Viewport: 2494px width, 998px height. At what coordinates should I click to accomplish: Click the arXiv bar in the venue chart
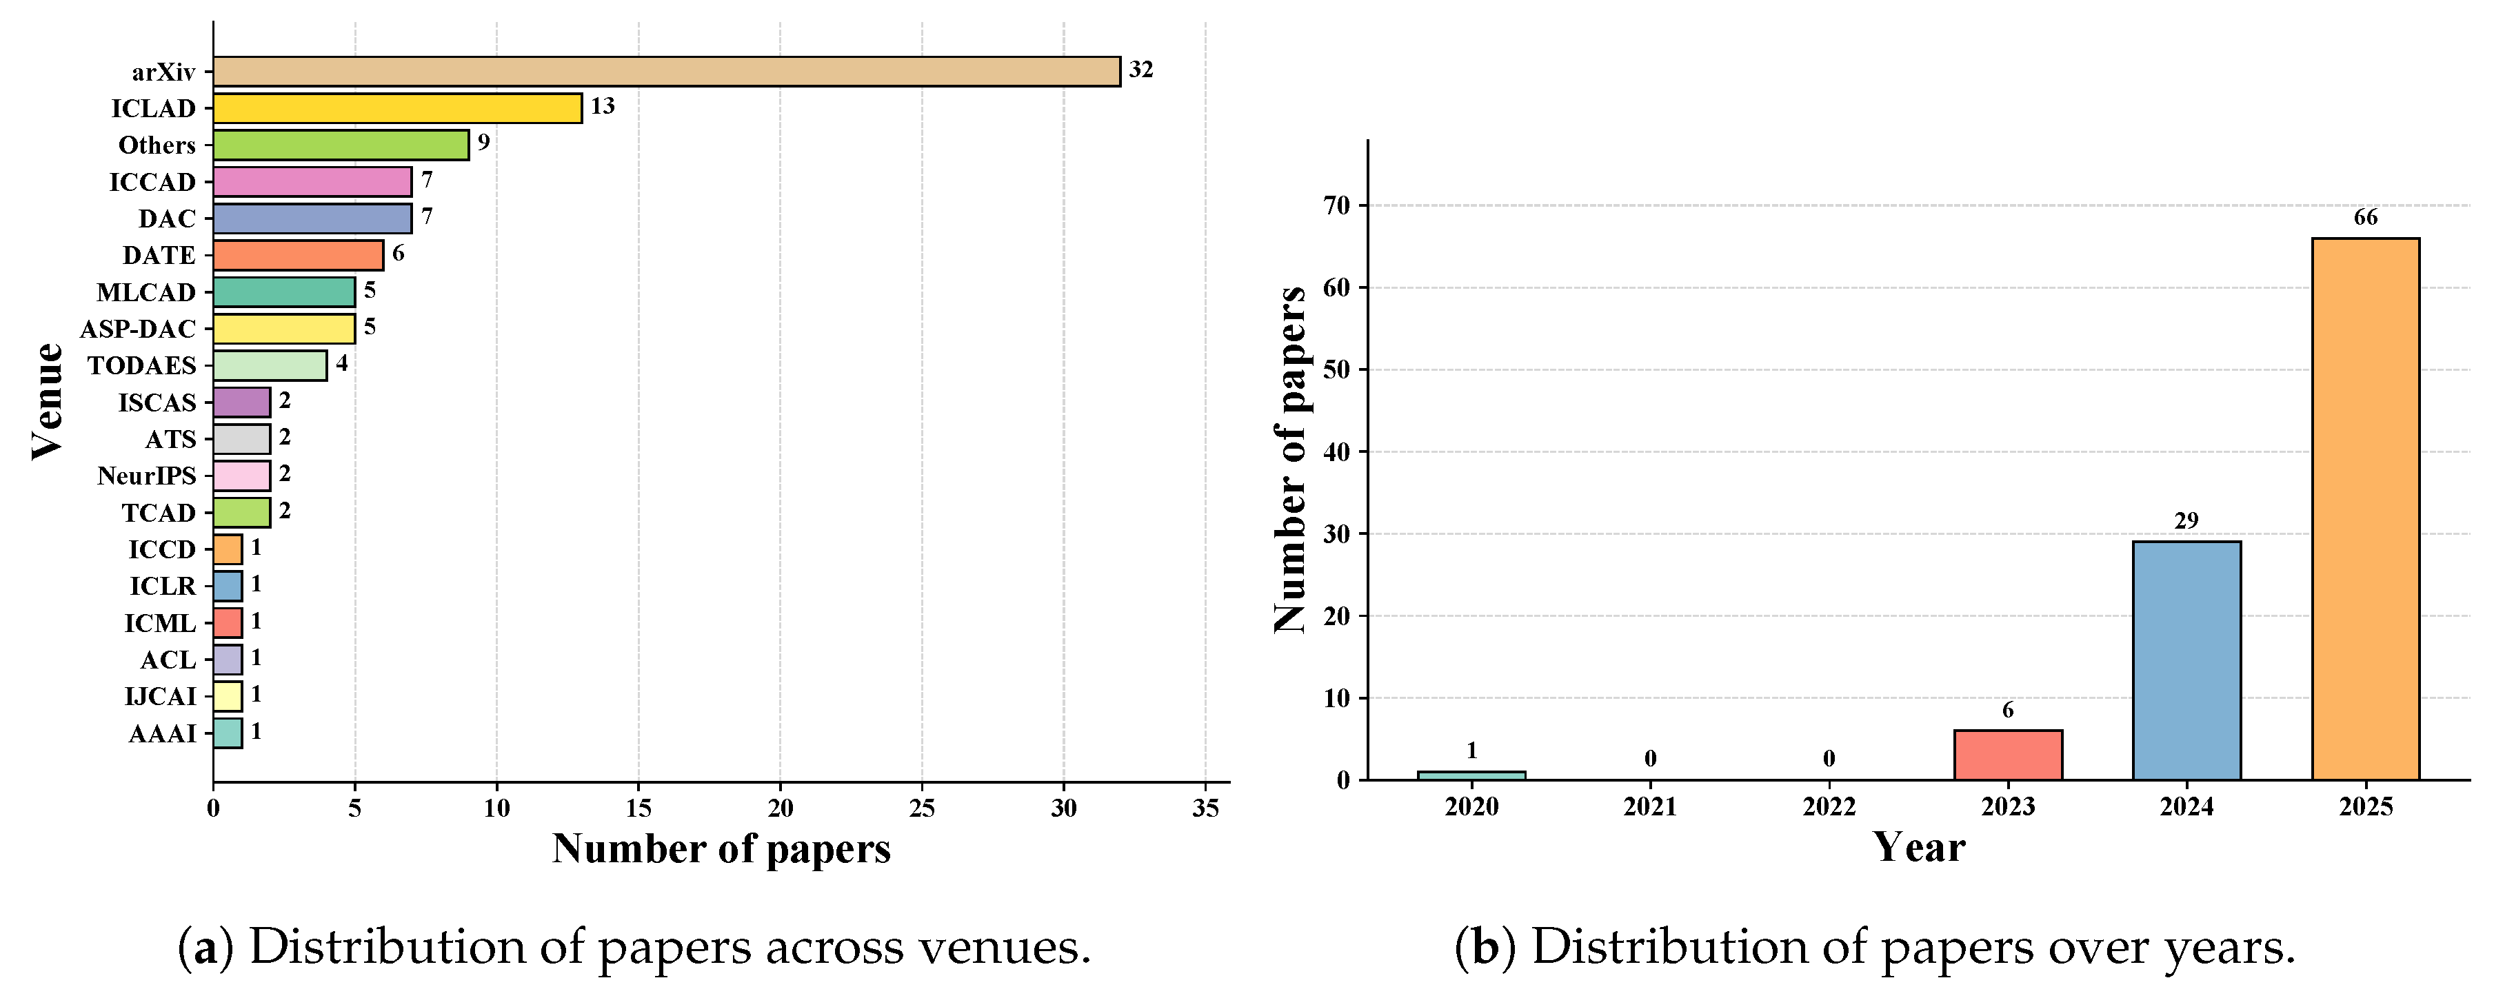click(x=666, y=72)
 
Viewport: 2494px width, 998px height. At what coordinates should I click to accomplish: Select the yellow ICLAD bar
click(x=397, y=108)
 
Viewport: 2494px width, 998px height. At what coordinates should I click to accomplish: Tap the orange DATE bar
click(x=298, y=256)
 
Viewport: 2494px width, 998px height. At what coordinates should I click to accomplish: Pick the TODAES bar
click(x=270, y=366)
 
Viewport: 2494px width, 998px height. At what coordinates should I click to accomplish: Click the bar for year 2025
click(x=2364, y=508)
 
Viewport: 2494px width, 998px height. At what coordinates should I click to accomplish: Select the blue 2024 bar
click(x=2186, y=660)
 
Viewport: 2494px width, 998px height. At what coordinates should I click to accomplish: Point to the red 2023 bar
click(x=2007, y=755)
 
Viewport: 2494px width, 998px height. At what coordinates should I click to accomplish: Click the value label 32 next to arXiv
click(x=1140, y=70)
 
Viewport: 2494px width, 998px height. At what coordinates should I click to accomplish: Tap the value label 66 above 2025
click(x=2365, y=218)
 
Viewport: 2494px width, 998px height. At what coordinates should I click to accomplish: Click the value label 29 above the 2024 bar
click(x=2186, y=521)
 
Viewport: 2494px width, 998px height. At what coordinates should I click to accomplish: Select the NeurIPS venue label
click(x=146, y=476)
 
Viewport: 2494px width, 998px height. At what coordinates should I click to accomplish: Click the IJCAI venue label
click(x=160, y=697)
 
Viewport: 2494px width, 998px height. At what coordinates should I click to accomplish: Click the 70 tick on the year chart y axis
click(x=1337, y=205)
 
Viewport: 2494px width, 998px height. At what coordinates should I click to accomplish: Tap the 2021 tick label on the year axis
click(x=1650, y=807)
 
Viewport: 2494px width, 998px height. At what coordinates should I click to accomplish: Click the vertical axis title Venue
click(x=46, y=402)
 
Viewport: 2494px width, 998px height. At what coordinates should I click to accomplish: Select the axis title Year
click(x=1918, y=848)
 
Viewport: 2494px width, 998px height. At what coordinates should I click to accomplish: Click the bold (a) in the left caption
click(x=205, y=948)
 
